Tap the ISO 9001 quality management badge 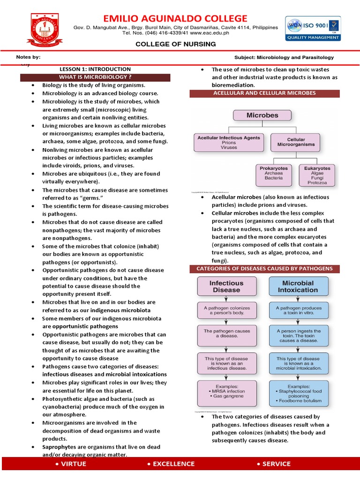(x=313, y=30)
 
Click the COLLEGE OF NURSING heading (x=176, y=44)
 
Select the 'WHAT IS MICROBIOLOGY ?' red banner (x=95, y=77)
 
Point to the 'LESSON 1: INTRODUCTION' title (x=95, y=69)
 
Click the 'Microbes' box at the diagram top (x=262, y=115)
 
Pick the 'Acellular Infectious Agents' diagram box (x=229, y=142)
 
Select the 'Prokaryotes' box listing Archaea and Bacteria (x=274, y=173)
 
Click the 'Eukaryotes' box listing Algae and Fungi (x=317, y=175)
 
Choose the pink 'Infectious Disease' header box (x=226, y=286)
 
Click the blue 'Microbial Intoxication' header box (x=298, y=286)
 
